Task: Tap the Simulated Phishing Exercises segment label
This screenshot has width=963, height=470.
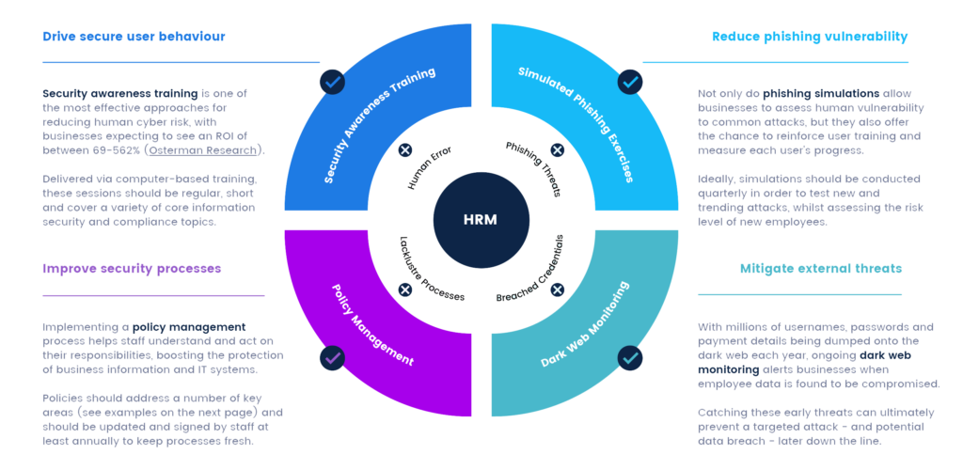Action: click(x=576, y=125)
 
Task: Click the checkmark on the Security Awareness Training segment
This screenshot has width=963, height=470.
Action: click(x=332, y=82)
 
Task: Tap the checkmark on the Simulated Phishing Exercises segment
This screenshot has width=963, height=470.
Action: click(x=630, y=82)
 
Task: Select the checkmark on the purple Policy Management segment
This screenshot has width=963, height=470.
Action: click(x=332, y=358)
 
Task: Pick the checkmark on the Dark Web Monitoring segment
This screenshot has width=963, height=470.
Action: click(x=630, y=358)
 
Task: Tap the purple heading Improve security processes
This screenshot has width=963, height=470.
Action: click(x=132, y=269)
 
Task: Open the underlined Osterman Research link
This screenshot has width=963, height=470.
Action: click(x=221, y=150)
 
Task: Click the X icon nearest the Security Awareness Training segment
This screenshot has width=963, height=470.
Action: click(x=405, y=150)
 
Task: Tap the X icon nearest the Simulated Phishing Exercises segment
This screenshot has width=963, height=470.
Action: click(x=557, y=150)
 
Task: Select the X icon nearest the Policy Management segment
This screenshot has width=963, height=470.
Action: click(x=405, y=290)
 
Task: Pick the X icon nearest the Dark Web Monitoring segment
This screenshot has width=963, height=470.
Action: click(x=557, y=290)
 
